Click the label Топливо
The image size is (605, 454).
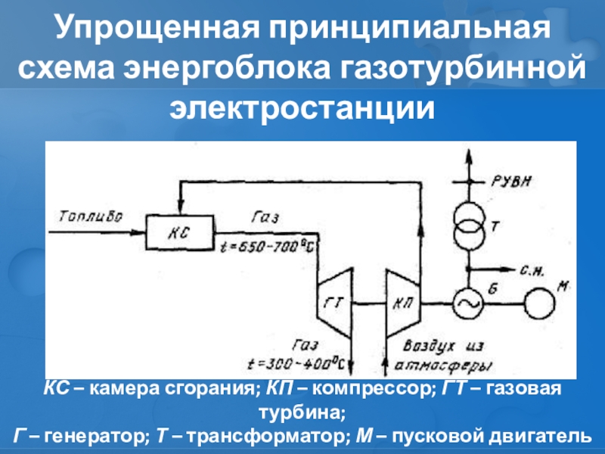89,216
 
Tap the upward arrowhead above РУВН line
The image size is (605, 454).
468,154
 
